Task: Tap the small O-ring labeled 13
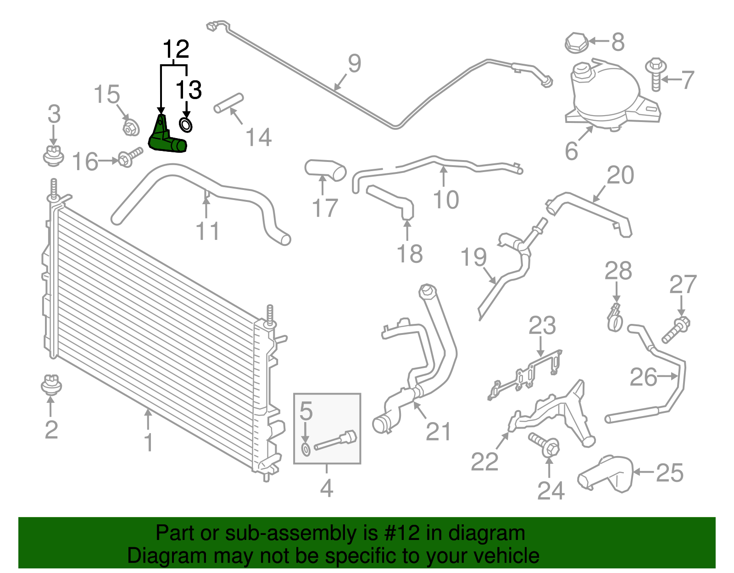(185, 124)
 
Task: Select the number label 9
(354, 63)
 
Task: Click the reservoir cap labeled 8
(576, 42)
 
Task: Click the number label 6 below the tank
(571, 151)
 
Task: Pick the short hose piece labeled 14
(228, 103)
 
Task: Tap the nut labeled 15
(131, 128)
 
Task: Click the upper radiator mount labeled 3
(53, 155)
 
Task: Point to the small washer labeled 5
(306, 450)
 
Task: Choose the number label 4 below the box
(326, 489)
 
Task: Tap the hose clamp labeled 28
(614, 318)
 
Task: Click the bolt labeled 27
(676, 330)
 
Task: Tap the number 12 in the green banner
(407, 533)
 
